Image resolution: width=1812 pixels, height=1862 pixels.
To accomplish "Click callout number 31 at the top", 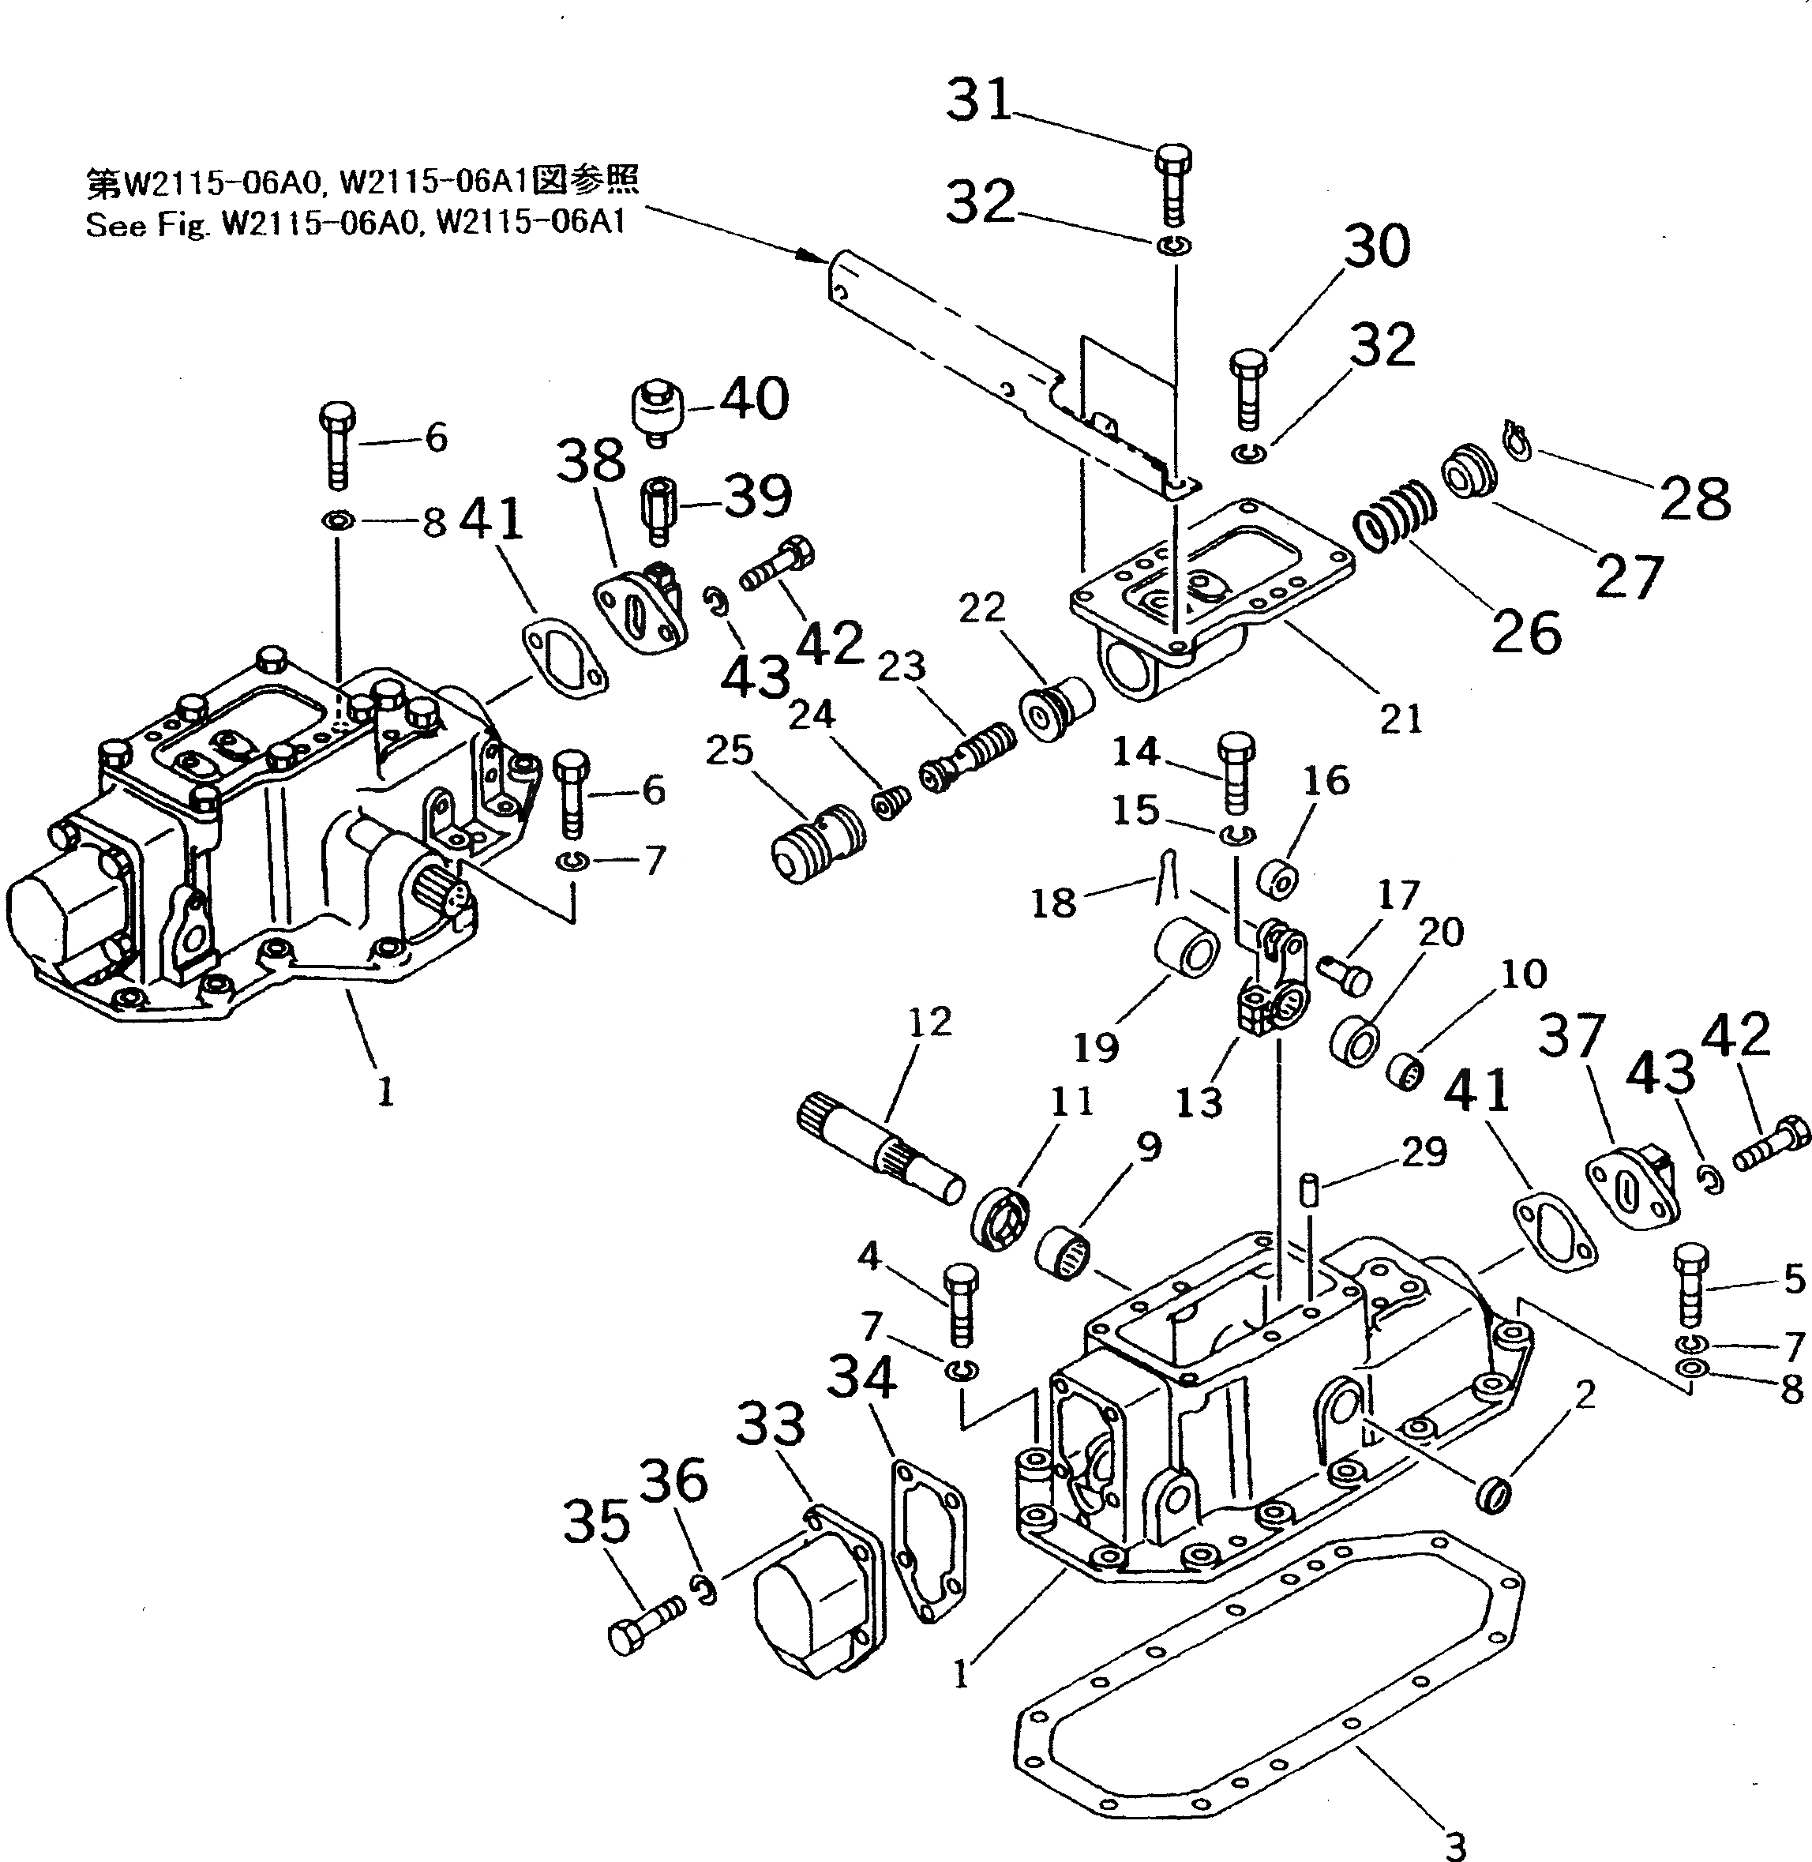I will (978, 100).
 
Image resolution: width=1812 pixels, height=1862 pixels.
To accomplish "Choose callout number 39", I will (757, 495).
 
